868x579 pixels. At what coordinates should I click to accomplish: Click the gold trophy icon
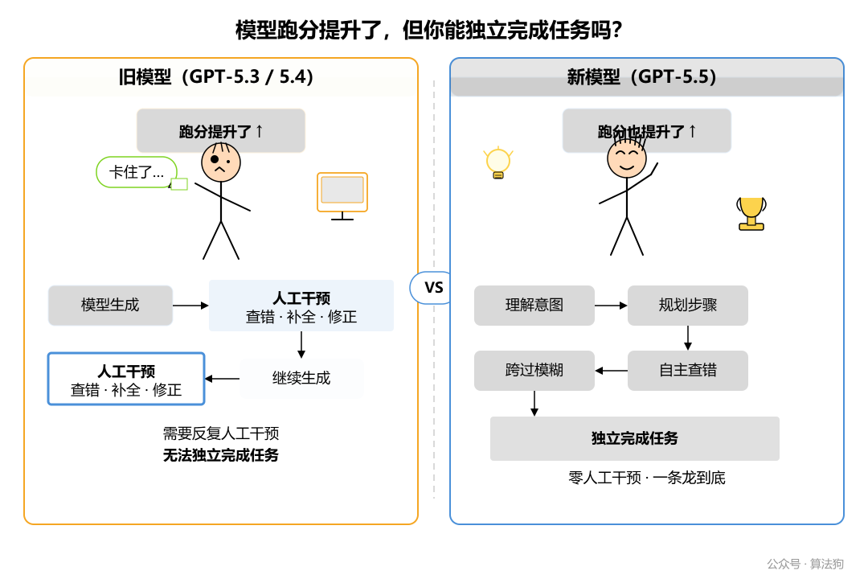751,213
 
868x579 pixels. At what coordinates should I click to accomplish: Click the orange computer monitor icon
342,192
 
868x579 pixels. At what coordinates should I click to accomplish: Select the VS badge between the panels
433,288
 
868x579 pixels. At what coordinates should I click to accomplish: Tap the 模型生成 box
110,306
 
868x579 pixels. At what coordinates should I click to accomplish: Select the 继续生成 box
301,378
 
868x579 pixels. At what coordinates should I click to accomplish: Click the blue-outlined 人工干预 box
126,379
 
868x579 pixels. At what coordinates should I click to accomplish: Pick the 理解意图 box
534,306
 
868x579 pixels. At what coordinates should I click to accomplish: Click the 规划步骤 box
688,306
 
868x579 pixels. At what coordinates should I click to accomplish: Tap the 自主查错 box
688,371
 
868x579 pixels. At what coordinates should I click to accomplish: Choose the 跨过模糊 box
534,371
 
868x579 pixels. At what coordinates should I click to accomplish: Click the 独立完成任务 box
635,438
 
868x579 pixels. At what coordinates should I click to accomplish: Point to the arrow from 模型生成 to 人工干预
190,306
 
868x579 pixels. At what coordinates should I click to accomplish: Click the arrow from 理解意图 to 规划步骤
611,306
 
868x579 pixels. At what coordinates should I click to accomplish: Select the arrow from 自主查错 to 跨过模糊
612,371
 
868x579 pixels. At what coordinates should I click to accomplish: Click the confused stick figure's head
221,163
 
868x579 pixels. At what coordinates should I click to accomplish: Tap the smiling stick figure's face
627,158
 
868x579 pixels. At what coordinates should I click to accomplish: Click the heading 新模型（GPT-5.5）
642,77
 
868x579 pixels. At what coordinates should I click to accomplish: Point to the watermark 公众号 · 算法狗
805,564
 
